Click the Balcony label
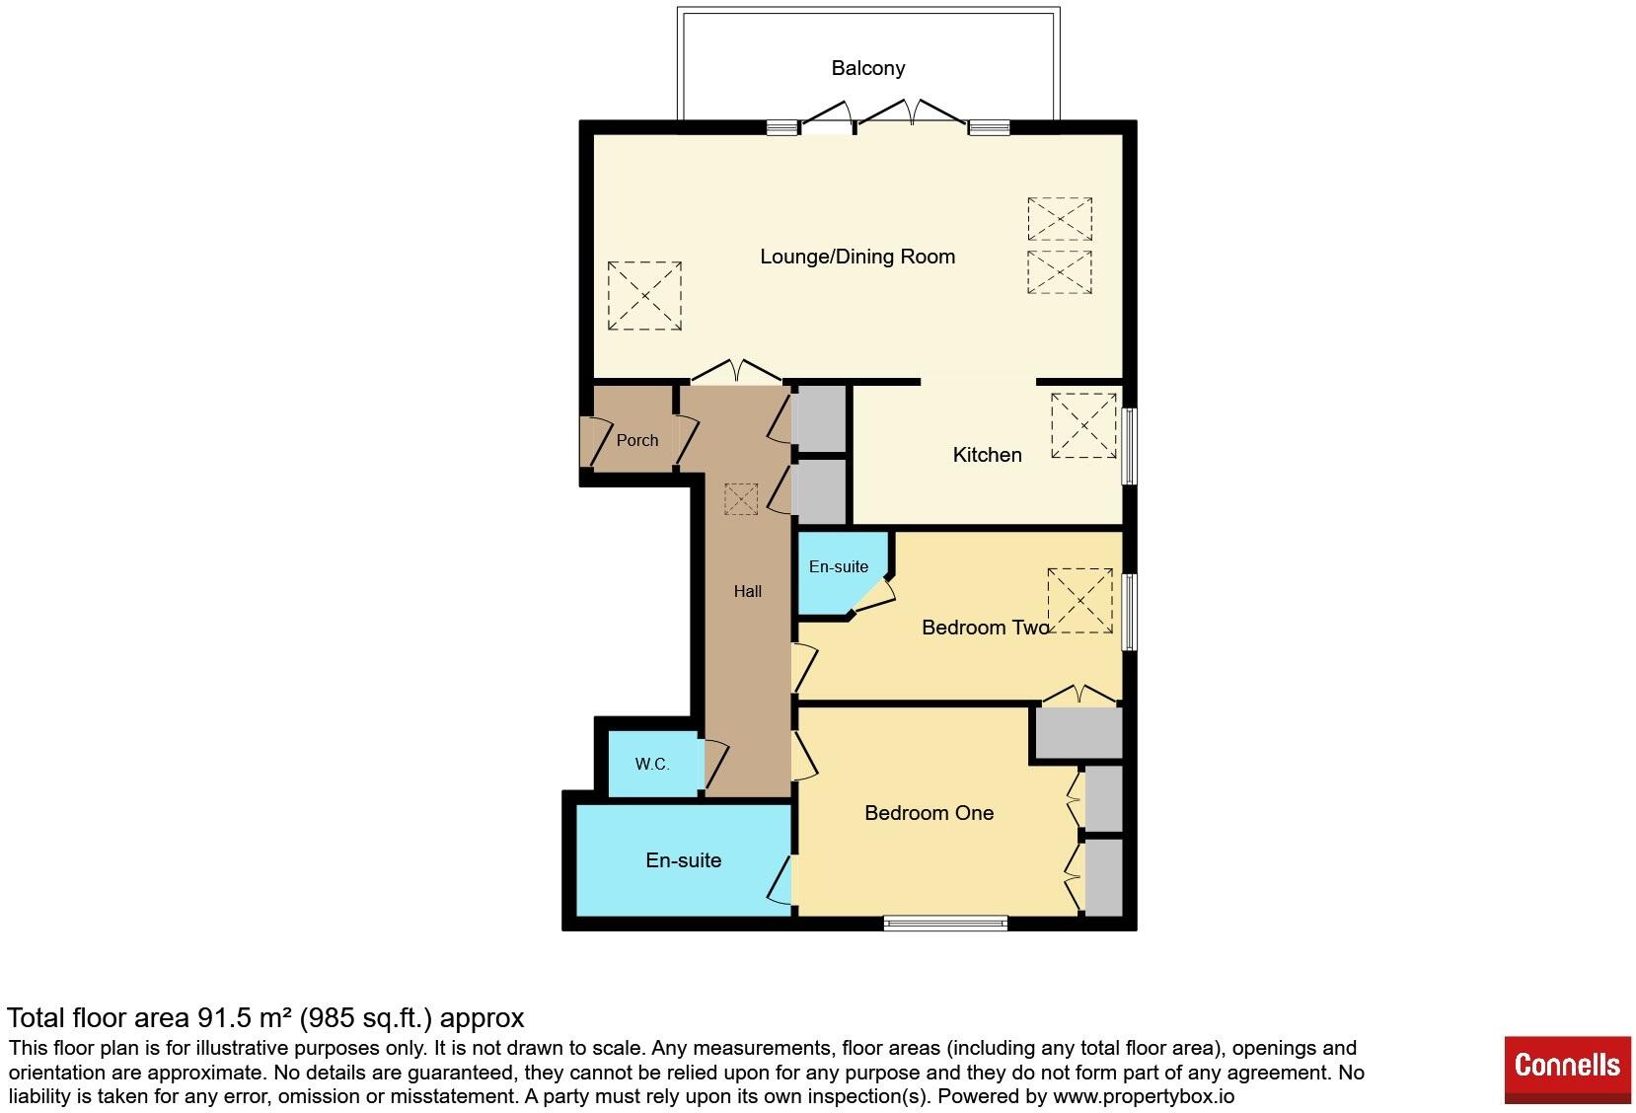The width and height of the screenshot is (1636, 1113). click(x=867, y=68)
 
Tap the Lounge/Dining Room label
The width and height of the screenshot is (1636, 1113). click(x=856, y=257)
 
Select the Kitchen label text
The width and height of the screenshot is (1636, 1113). click(x=986, y=455)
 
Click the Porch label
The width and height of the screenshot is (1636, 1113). click(x=636, y=440)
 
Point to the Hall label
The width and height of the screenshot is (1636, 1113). click(x=747, y=591)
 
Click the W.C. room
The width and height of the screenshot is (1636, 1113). click(x=651, y=764)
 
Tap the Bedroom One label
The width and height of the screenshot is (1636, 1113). click(x=928, y=813)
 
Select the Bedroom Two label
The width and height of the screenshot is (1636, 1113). click(x=985, y=628)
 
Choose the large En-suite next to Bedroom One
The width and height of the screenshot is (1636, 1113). click(x=683, y=860)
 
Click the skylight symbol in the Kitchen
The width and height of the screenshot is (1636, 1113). click(x=1083, y=425)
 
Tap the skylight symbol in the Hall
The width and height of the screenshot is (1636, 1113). click(x=740, y=498)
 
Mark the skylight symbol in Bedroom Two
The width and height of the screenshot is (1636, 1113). click(x=1079, y=600)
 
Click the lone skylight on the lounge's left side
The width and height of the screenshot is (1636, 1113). click(x=644, y=295)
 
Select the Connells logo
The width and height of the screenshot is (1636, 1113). click(x=1566, y=1067)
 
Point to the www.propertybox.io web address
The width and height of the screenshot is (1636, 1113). click(x=1143, y=1096)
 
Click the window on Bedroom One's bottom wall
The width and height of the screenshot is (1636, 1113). click(x=944, y=924)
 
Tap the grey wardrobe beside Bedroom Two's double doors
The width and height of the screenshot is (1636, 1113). click(x=1078, y=733)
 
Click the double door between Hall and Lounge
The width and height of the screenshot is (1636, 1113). click(x=736, y=373)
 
